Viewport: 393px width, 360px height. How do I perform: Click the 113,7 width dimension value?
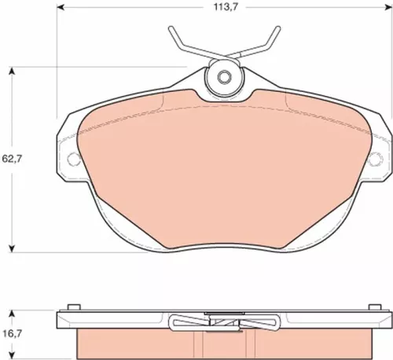pos(222,9)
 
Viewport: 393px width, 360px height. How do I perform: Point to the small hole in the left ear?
pos(75,159)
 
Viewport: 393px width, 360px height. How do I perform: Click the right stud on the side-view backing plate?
pos(374,307)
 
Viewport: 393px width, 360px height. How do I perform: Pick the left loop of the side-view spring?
pos(179,321)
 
